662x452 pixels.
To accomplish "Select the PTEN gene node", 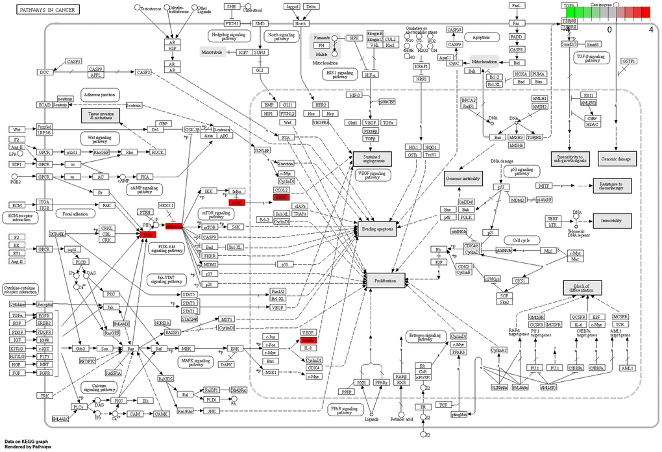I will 145,212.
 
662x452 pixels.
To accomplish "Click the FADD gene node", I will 517,36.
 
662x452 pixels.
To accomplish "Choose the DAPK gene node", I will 226,365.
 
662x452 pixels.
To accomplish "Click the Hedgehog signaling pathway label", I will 225,36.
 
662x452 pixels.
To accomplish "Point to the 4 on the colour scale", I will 650,29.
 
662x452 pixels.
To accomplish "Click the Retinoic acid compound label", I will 401,422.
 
